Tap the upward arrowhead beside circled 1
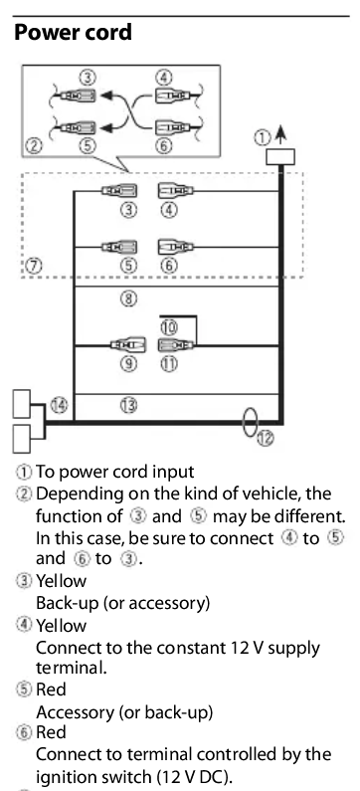click(x=281, y=133)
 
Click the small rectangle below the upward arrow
click(x=280, y=157)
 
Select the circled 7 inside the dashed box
click(x=33, y=266)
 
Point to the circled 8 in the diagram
click(x=128, y=298)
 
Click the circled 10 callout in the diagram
click(x=169, y=327)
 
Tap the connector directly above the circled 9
click(x=128, y=345)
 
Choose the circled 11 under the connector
click(x=169, y=364)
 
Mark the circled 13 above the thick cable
click(x=129, y=405)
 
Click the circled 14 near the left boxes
click(x=59, y=405)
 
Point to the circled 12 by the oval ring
click(x=266, y=438)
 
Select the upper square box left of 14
click(x=22, y=404)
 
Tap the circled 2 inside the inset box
click(x=33, y=146)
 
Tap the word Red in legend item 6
click(x=51, y=732)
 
